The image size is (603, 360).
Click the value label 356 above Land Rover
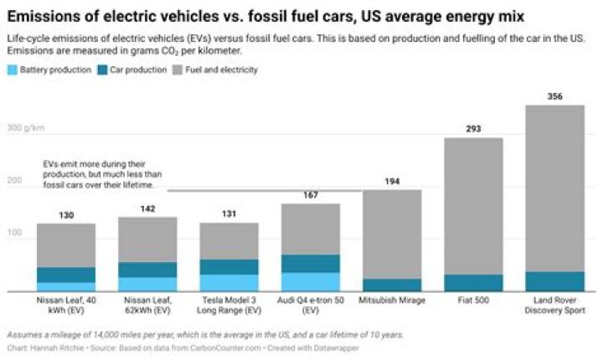click(x=554, y=95)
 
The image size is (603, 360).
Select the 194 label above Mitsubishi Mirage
click(x=391, y=181)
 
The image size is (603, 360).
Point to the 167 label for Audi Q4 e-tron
click(x=310, y=195)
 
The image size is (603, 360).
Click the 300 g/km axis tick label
click(x=25, y=129)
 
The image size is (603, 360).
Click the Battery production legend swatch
click(x=12, y=69)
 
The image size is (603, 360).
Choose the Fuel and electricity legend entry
click(x=222, y=69)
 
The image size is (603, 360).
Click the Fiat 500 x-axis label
click(x=472, y=299)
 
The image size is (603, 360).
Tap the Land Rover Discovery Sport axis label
click(x=554, y=303)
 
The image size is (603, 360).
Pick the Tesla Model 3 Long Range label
click(x=229, y=303)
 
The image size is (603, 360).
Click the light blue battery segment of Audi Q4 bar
click(x=310, y=281)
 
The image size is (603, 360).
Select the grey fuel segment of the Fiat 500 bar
click(x=472, y=205)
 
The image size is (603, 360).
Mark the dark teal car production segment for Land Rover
click(x=554, y=281)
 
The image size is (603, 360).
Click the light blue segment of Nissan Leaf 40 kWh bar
click(x=66, y=286)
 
